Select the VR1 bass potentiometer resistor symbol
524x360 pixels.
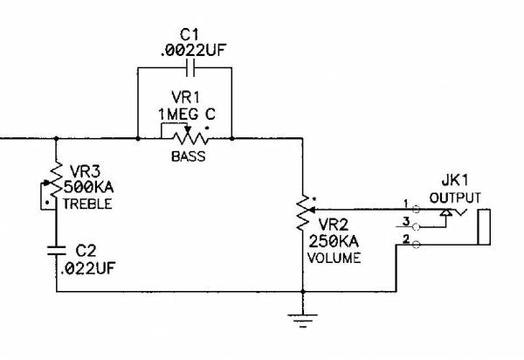[x=185, y=138]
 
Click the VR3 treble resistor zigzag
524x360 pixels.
[x=55, y=184]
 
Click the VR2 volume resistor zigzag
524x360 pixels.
[x=303, y=210]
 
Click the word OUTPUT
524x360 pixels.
[x=455, y=197]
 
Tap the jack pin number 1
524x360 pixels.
[x=405, y=204]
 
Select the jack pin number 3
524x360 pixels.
[x=405, y=222]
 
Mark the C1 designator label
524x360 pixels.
[x=190, y=33]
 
